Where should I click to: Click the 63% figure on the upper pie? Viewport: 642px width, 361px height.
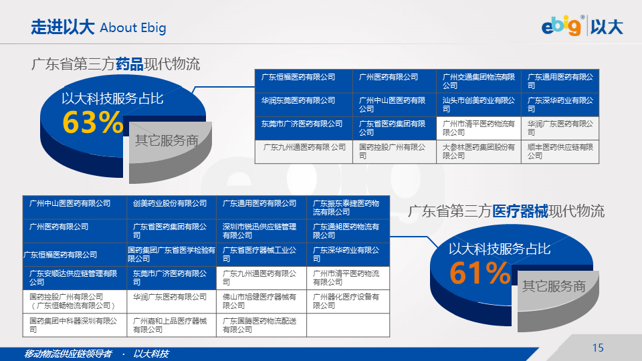93,122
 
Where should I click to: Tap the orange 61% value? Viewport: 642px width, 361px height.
480,273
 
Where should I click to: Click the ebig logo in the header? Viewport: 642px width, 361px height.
561,26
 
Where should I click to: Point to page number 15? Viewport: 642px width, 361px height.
598,348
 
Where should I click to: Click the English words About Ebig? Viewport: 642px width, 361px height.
133,28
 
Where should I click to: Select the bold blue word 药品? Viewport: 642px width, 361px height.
129,64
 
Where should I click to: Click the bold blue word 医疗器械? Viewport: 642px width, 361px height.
520,211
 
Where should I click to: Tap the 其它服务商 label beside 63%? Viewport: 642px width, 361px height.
167,140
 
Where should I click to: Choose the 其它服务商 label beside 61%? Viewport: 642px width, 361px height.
554,286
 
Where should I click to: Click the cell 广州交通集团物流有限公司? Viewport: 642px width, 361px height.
479,81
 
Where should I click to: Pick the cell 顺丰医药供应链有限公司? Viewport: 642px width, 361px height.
560,151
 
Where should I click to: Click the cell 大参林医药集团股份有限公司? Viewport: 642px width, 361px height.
479,151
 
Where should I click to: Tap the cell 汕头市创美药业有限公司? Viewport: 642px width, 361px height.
479,104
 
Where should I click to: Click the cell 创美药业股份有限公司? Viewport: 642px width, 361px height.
170,203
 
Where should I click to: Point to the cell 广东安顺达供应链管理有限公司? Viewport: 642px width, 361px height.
74,277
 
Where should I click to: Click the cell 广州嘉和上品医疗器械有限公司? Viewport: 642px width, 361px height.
170,325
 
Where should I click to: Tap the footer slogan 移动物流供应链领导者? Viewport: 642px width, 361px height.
68,354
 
